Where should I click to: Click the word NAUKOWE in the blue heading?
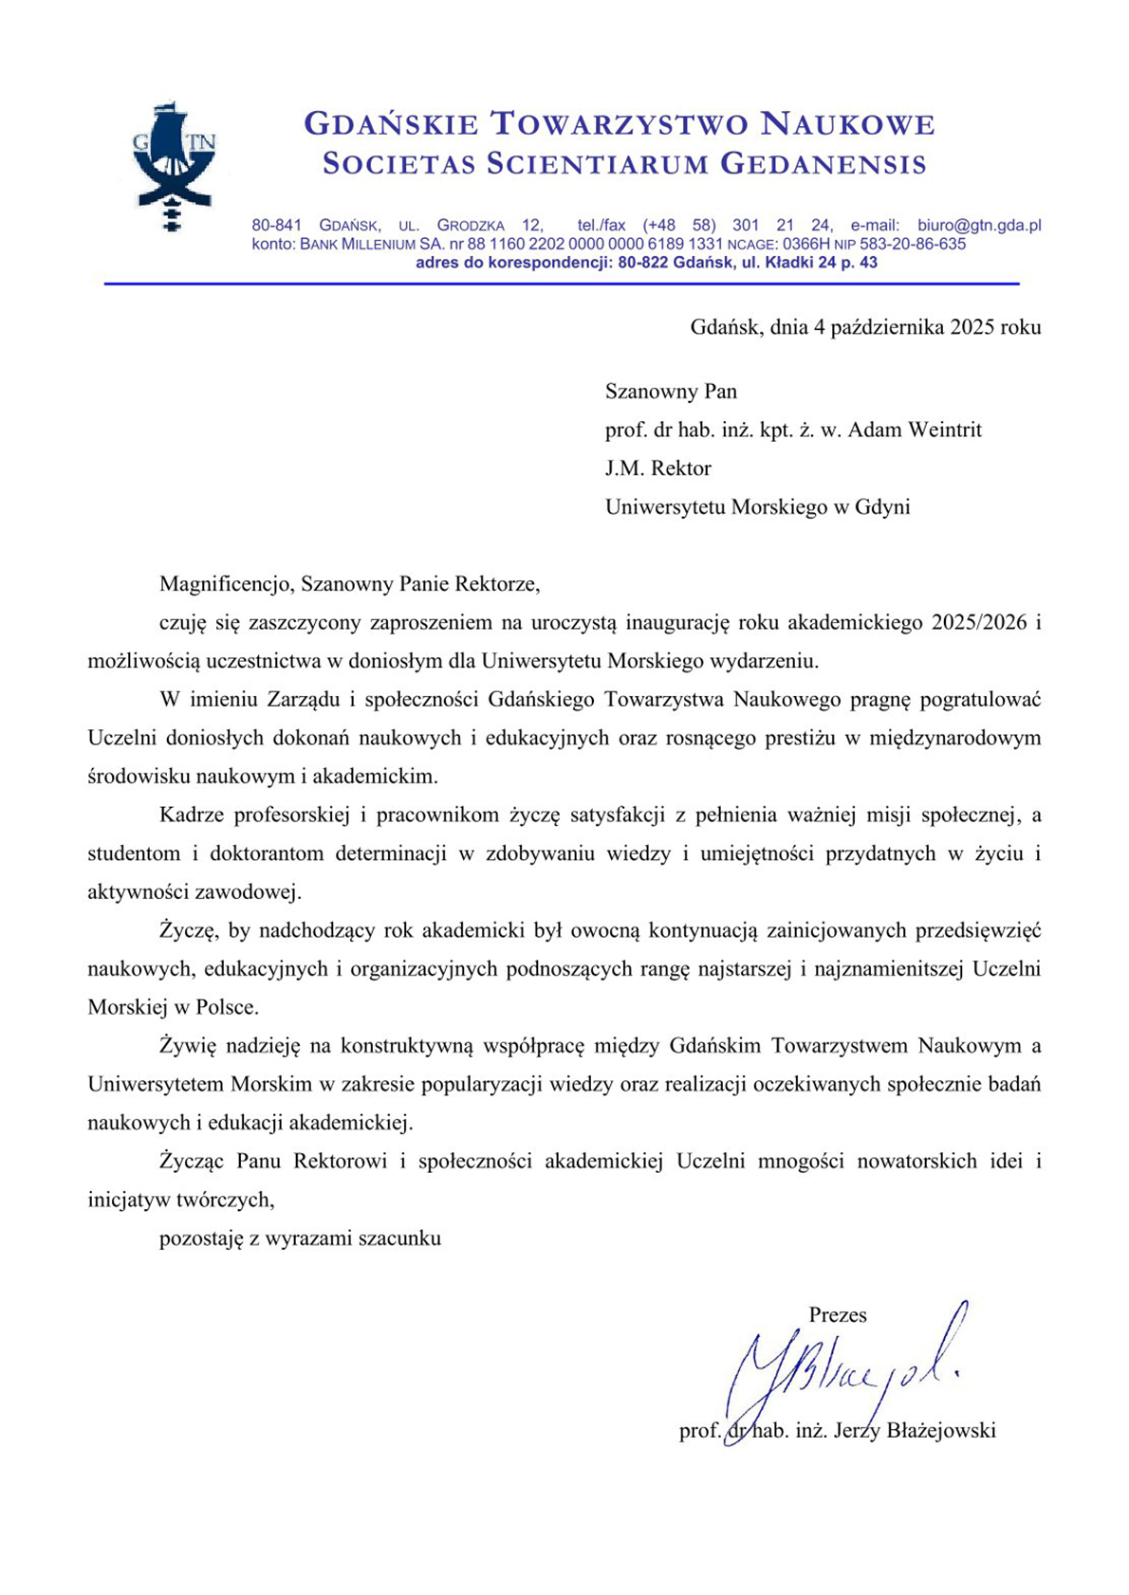(849, 124)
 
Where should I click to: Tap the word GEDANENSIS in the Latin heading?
(824, 164)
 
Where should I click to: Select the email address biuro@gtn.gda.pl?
(979, 226)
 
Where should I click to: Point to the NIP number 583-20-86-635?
(913, 245)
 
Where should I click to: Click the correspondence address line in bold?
(646, 263)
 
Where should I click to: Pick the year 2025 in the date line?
(972, 327)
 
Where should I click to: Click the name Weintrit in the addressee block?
(944, 430)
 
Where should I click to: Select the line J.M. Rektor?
(657, 468)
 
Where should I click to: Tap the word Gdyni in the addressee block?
(882, 507)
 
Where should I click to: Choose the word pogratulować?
(982, 700)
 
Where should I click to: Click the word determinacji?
(391, 853)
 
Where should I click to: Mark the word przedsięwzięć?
(978, 930)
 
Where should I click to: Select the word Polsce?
(227, 1007)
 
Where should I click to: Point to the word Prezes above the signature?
(838, 1315)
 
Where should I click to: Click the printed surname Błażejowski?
(940, 1431)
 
